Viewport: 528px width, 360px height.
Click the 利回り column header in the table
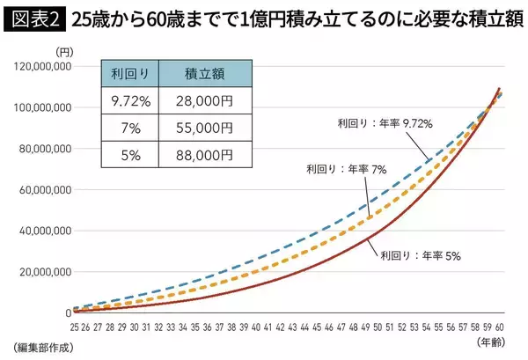(x=133, y=75)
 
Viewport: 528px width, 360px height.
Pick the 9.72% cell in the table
(x=133, y=101)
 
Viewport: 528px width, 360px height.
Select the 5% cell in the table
(x=133, y=155)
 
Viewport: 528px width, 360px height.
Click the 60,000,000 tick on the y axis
(x=43, y=189)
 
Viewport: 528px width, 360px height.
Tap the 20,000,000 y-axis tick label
(x=43, y=272)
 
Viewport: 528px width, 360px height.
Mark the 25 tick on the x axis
(x=77, y=327)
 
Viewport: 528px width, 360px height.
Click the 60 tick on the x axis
(x=499, y=327)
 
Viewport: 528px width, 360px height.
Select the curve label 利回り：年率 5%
(x=421, y=257)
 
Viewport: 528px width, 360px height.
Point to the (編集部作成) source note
(x=42, y=347)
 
